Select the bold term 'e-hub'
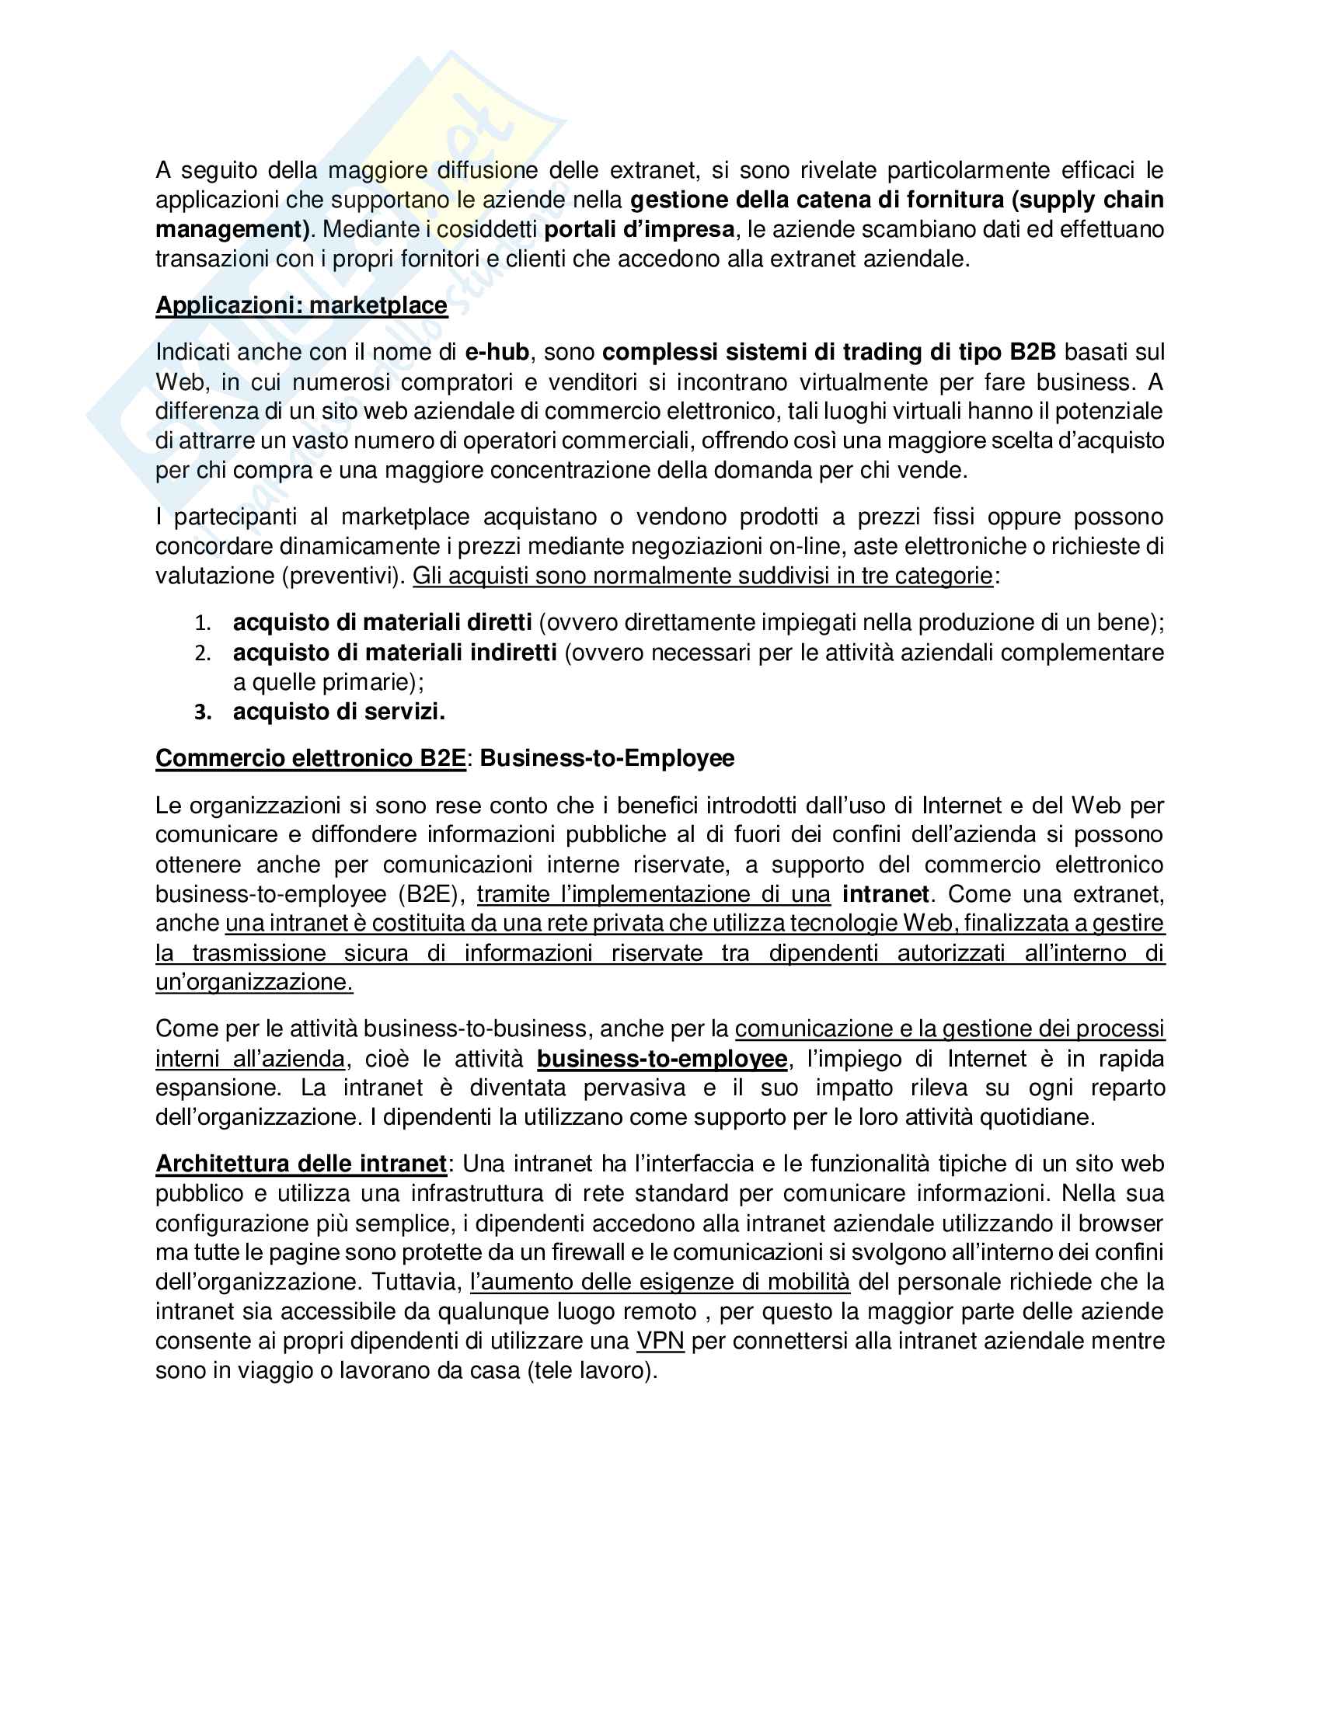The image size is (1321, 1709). click(497, 352)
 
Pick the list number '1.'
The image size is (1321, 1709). click(203, 624)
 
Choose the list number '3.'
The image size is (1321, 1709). click(203, 713)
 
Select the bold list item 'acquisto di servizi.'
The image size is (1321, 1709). click(339, 712)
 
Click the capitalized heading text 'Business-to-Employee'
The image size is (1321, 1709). click(607, 758)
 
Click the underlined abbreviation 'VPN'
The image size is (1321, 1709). click(660, 1342)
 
